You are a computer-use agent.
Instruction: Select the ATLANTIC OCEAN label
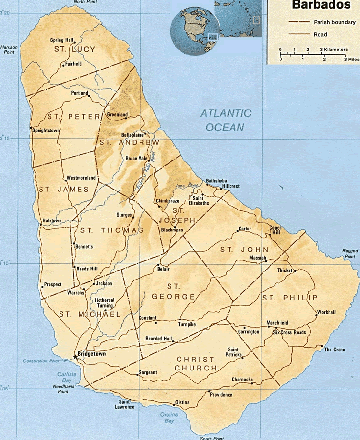pos(225,120)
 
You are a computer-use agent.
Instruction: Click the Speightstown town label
pos(46,130)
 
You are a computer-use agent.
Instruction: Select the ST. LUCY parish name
pos(74,50)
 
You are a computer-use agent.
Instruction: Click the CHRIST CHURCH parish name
pos(196,363)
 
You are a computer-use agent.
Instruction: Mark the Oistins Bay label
pos(169,418)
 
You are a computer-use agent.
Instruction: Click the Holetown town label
pos(52,220)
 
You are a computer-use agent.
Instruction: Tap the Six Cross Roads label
pos(289,332)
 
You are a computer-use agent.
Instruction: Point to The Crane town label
pos(334,350)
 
